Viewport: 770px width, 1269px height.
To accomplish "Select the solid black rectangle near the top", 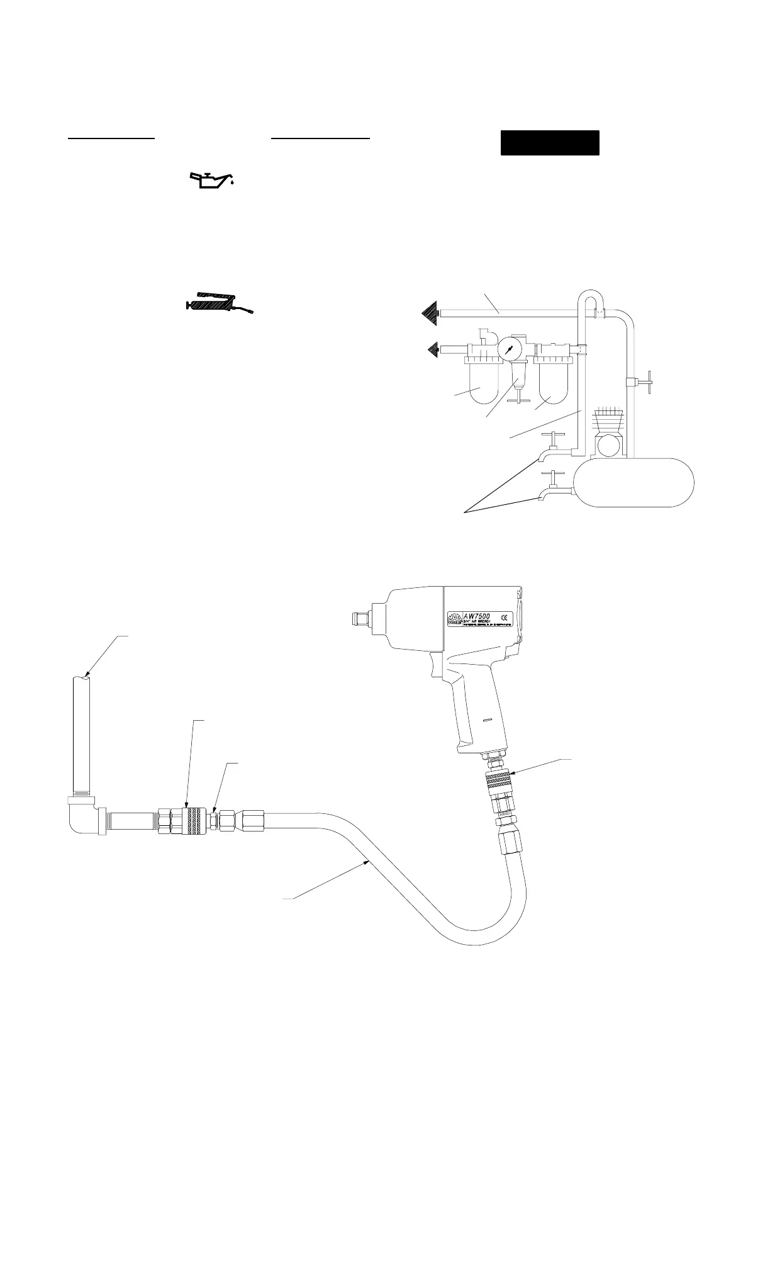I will coord(549,143).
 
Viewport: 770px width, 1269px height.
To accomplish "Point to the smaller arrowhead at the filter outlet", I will coord(435,348).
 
